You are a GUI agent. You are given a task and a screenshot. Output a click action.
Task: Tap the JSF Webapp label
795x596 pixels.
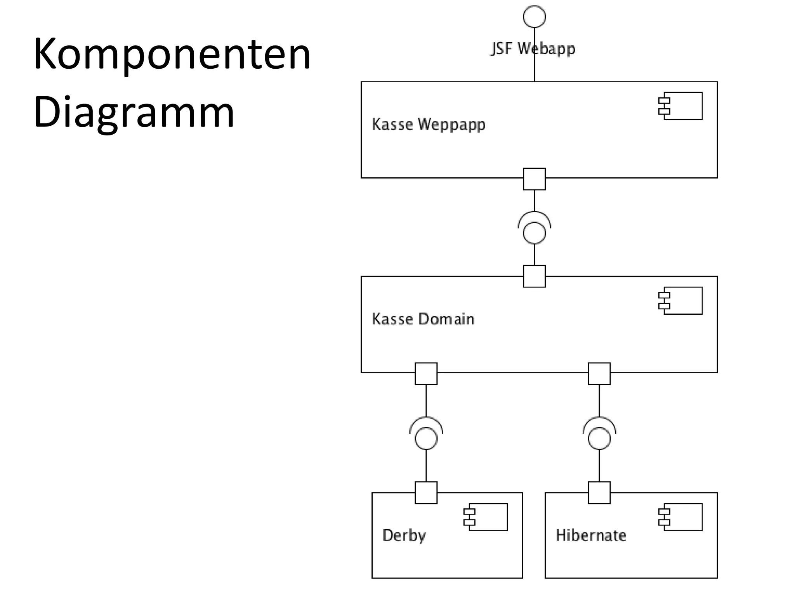(533, 49)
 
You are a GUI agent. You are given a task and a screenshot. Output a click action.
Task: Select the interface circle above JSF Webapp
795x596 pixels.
(534, 17)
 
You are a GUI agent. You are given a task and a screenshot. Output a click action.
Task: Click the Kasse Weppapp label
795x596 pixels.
(429, 125)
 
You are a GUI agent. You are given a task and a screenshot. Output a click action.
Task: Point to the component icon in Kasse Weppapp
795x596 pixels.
(681, 106)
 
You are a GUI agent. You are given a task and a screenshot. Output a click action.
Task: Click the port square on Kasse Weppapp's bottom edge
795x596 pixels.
(534, 179)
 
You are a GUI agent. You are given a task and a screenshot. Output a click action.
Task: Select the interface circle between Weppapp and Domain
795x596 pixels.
(534, 233)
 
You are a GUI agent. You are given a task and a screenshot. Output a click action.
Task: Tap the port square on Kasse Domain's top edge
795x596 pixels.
(534, 276)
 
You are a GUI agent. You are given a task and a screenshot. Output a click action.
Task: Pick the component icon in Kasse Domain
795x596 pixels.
(681, 301)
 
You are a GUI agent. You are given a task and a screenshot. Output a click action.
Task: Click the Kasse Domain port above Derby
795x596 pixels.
(426, 374)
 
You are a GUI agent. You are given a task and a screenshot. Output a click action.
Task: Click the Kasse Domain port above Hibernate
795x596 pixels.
(599, 374)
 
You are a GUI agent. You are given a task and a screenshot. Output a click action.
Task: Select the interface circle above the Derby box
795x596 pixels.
(426, 438)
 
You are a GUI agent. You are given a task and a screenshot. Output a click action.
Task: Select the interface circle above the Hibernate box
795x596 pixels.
(599, 438)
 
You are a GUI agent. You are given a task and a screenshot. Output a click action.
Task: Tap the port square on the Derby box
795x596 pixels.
(426, 492)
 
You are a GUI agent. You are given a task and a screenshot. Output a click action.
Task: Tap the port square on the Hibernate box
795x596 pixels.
(599, 492)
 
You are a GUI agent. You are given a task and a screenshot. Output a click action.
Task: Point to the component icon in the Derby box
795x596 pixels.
(486, 517)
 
